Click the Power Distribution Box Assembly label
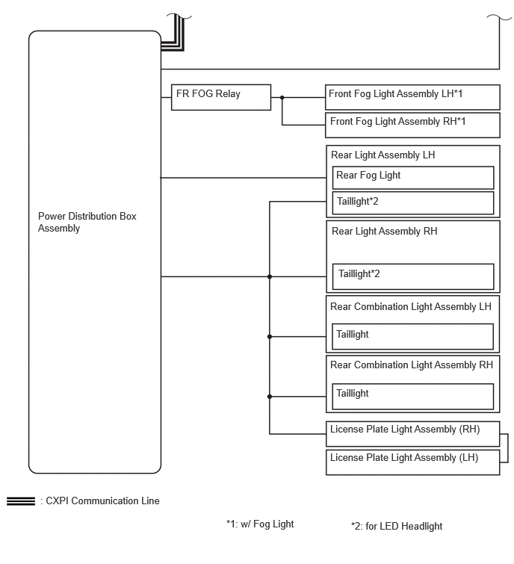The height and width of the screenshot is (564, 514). (x=87, y=222)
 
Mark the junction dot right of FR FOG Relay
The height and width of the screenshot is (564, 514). (x=282, y=97)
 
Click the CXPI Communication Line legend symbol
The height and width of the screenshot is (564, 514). (x=21, y=501)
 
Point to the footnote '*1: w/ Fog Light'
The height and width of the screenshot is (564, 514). (x=260, y=524)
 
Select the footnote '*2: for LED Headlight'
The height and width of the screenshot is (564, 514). (x=397, y=526)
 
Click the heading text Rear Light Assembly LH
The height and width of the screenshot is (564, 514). (x=383, y=155)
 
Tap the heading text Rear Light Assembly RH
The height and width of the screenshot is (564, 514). (x=384, y=231)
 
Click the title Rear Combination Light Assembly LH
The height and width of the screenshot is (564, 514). (x=410, y=306)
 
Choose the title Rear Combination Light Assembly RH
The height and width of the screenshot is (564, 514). (x=411, y=365)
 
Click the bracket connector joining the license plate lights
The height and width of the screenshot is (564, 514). (x=507, y=448)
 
